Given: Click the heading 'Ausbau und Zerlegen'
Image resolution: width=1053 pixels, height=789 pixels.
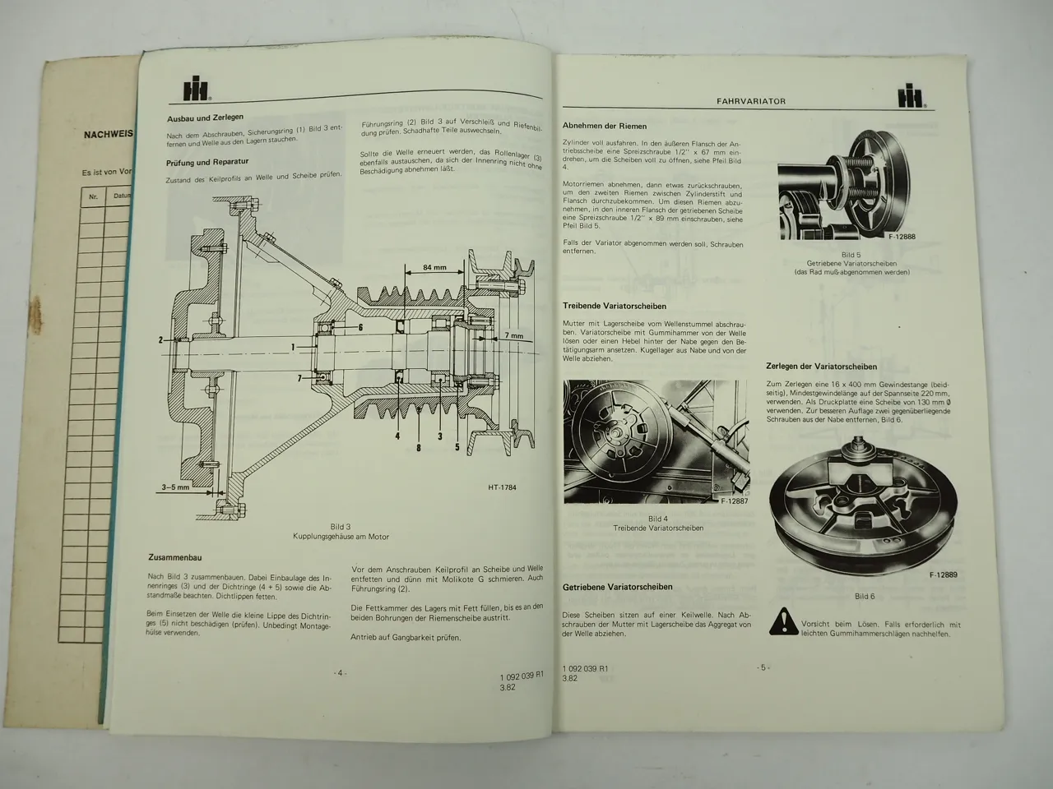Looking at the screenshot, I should tap(205, 118).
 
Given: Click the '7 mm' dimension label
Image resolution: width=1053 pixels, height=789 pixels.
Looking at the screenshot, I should tap(514, 336).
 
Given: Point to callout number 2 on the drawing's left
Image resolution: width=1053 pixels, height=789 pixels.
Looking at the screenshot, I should tap(161, 339).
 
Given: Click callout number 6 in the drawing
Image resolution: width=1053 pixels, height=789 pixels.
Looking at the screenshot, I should tap(360, 326).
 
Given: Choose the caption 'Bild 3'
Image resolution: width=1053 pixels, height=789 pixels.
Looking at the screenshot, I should tap(341, 526).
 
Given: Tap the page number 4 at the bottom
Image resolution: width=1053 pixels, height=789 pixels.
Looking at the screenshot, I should tap(340, 671).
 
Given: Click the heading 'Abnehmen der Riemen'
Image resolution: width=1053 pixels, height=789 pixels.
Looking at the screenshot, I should tap(605, 126).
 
